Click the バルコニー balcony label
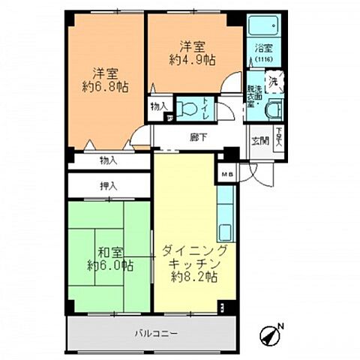(x=157, y=332)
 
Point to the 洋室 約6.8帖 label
(x=106, y=81)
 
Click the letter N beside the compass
(x=281, y=326)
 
